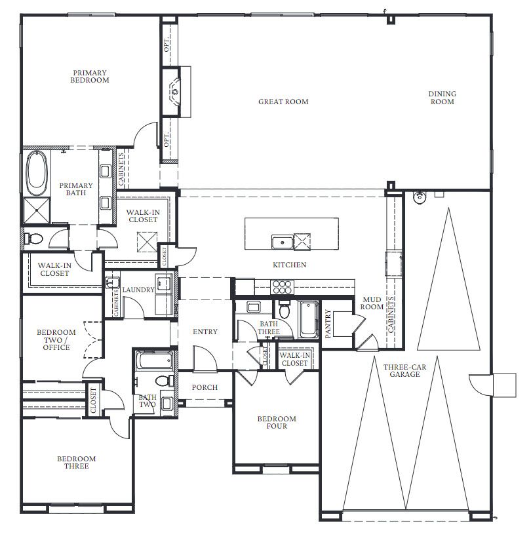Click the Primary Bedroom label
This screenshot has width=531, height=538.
(x=90, y=77)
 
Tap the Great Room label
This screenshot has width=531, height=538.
(x=283, y=102)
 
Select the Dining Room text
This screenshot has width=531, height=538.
(x=442, y=98)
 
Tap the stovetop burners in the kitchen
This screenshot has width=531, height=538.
(x=282, y=287)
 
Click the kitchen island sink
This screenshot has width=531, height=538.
(x=282, y=242)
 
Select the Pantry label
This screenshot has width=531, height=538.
(x=328, y=324)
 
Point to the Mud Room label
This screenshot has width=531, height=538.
(x=372, y=303)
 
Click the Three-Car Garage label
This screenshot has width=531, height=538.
(x=404, y=370)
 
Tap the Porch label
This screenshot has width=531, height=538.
(x=205, y=387)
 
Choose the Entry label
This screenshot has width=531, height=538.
(x=205, y=332)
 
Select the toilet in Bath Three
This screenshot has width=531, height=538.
(x=285, y=310)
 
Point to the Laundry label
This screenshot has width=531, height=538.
(x=138, y=290)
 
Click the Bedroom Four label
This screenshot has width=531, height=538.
(x=277, y=423)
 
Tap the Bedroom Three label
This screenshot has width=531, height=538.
(x=76, y=462)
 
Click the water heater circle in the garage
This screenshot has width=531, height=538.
(x=420, y=197)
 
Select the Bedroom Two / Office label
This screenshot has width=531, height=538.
(x=56, y=339)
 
